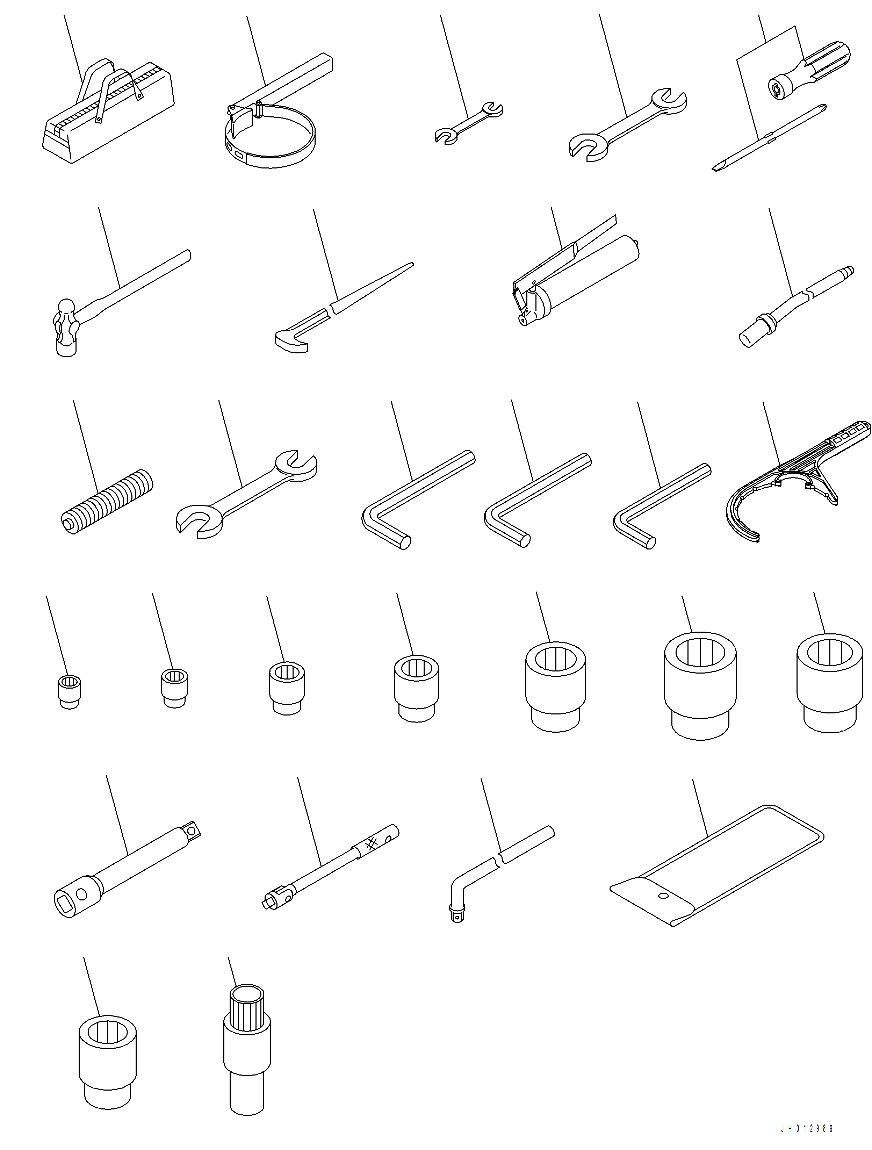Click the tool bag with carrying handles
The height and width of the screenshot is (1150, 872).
(107, 114)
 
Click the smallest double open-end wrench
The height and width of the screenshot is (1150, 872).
(468, 122)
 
